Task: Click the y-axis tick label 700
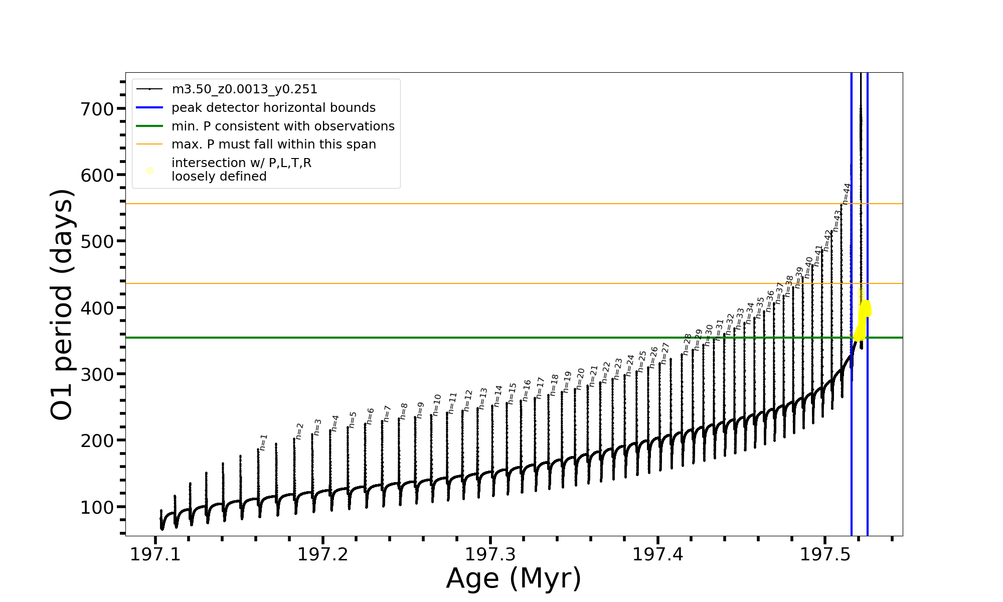coord(97,109)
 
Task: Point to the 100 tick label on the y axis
coord(97,507)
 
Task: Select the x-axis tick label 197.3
coord(490,555)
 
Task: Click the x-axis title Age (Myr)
coord(514,578)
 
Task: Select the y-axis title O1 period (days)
coord(62,305)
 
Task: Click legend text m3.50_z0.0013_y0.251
coord(244,89)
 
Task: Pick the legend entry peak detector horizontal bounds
coord(273,108)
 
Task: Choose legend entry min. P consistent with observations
coord(283,126)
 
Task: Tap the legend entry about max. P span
coord(273,144)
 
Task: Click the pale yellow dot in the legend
coord(149,171)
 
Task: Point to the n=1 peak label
coord(263,442)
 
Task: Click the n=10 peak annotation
coord(436,404)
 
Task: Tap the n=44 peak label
coord(847,194)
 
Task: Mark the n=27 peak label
coord(664,353)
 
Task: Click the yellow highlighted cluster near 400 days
coord(866,308)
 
